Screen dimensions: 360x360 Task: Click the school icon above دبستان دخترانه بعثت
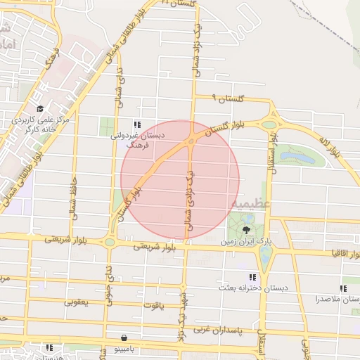(252, 278)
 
